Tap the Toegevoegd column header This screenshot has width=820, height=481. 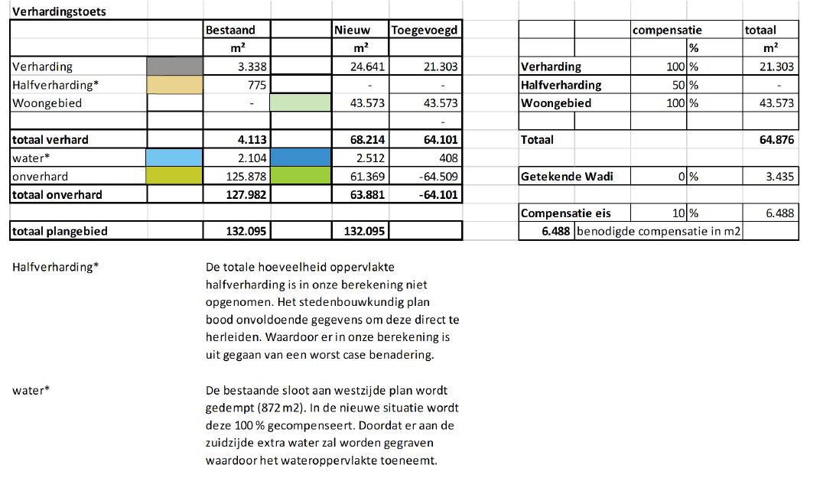(425, 30)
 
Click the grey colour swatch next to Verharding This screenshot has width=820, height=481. (174, 67)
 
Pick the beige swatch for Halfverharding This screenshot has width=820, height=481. (174, 84)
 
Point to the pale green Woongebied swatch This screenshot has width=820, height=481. (301, 102)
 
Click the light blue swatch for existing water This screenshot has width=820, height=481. (174, 158)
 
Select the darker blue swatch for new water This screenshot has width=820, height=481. (301, 158)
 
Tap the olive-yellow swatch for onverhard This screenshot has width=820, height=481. (174, 176)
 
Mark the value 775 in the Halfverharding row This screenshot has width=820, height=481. (256, 84)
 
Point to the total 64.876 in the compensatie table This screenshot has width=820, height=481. (778, 140)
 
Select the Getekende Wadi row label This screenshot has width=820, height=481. (567, 177)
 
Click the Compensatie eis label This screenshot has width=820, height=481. (565, 213)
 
